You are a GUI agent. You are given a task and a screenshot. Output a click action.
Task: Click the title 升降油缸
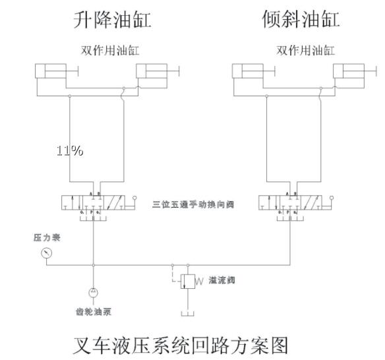pyautogui.click(x=111, y=20)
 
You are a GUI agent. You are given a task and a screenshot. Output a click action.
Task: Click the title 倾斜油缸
pyautogui.click(x=301, y=20)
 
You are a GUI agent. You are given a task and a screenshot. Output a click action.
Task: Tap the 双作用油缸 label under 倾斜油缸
pyautogui.click(x=305, y=51)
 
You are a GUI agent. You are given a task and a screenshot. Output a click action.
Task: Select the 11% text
pyautogui.click(x=70, y=151)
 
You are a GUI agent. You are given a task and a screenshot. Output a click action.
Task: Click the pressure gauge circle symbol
pyautogui.click(x=45, y=253)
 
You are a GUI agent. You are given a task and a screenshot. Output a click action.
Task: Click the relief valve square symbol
pyautogui.click(x=187, y=282)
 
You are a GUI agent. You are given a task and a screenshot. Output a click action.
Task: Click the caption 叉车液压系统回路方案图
pyautogui.click(x=179, y=345)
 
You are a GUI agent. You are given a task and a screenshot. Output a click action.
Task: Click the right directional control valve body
pyautogui.click(x=290, y=203)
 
